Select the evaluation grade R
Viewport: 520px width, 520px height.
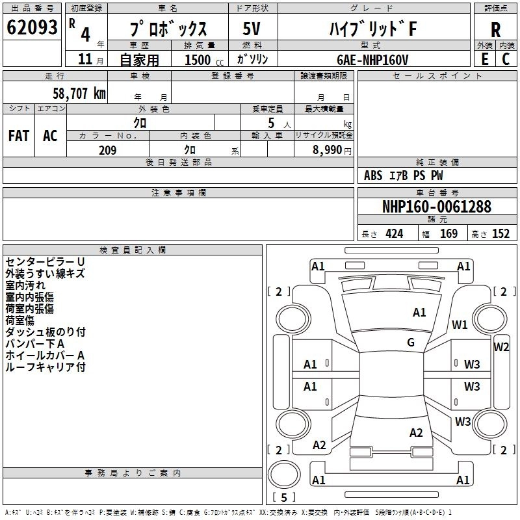pos(495,29)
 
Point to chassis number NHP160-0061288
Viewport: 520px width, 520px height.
pos(437,207)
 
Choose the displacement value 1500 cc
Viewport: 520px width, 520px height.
pos(199,60)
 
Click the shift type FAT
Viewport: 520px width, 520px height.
pos(18,135)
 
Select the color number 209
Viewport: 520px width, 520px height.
pos(107,150)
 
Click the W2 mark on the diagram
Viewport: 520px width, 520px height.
pos(501,346)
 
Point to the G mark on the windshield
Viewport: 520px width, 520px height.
pos(411,342)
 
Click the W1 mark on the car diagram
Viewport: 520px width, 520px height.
pos(460,325)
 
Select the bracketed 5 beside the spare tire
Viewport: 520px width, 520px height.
pos(284,498)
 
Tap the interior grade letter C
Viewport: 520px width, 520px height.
pos(506,58)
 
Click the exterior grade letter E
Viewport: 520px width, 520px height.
pos(484,58)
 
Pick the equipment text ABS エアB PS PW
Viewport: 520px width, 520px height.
pos(404,175)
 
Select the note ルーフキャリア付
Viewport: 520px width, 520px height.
pos(45,367)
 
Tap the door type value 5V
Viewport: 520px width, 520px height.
pos(252,29)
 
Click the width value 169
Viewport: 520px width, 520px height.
pos(449,233)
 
